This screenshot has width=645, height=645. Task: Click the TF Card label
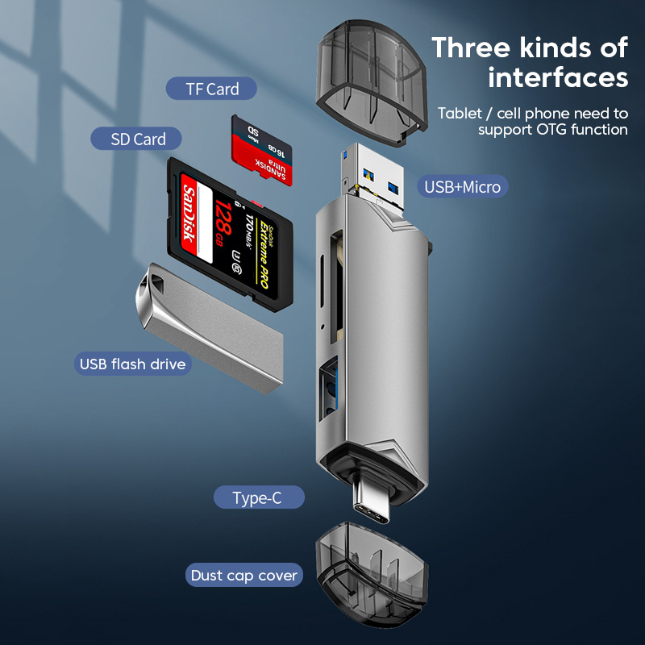point(211,89)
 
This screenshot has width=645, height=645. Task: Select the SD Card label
point(139,139)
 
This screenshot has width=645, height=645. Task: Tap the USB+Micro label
point(463,188)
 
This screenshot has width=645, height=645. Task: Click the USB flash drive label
point(133,364)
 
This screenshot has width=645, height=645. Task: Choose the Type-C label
point(258,497)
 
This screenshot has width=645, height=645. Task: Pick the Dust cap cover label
point(244,576)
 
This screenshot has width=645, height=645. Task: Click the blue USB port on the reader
point(330,391)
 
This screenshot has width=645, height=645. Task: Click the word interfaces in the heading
point(558,78)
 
